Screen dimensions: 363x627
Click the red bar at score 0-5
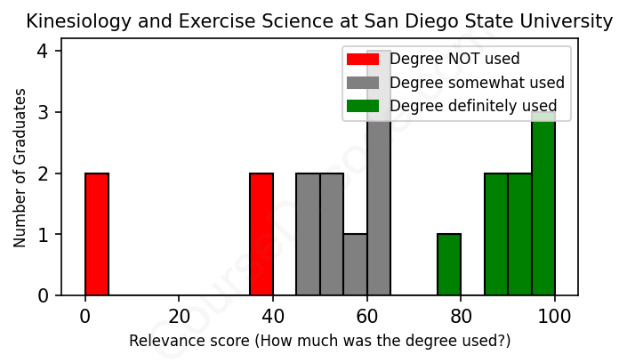pyautogui.click(x=97, y=234)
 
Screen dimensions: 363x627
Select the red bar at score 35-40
pyautogui.click(x=261, y=234)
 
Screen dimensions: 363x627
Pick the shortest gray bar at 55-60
pyautogui.click(x=355, y=264)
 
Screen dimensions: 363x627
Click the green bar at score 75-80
pyautogui.click(x=449, y=264)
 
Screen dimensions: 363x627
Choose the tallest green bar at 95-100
pyautogui.click(x=543, y=204)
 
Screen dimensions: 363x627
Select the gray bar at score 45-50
pyautogui.click(x=308, y=234)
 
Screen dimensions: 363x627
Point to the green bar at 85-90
pyautogui.click(x=496, y=234)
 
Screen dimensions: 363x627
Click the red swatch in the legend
pyautogui.click(x=363, y=60)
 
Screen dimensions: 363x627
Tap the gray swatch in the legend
pyautogui.click(x=363, y=83)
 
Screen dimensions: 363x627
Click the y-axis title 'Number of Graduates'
pyautogui.click(x=20, y=173)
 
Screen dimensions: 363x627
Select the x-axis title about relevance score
pyautogui.click(x=320, y=342)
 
